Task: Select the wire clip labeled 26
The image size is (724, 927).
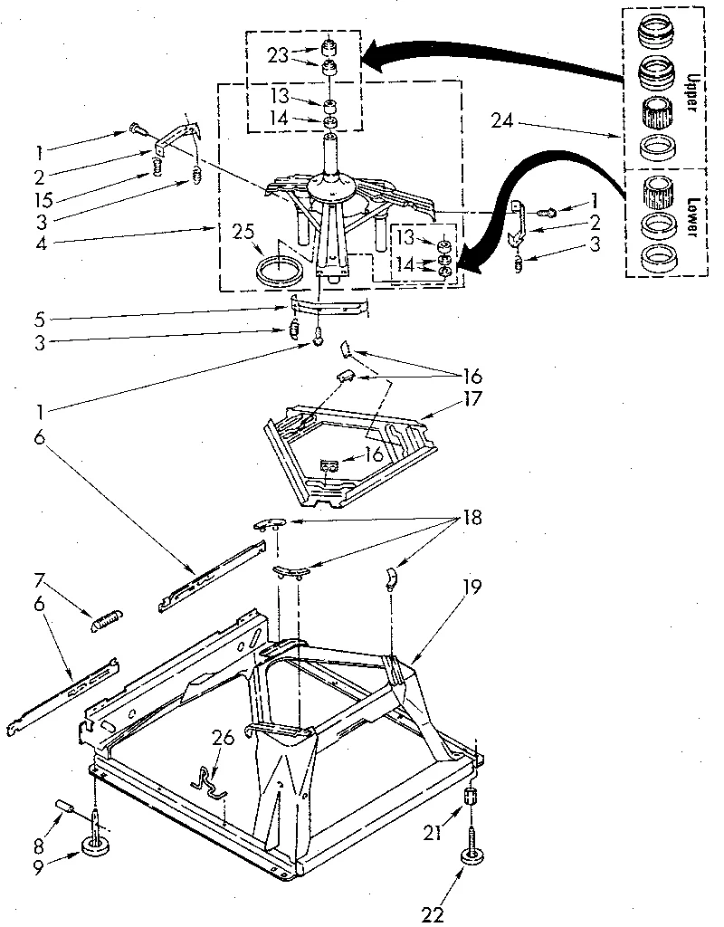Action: (x=211, y=779)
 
